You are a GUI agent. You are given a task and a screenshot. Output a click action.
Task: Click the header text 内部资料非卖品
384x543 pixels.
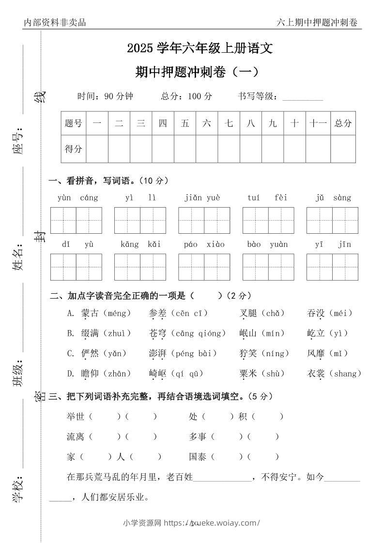[54, 22]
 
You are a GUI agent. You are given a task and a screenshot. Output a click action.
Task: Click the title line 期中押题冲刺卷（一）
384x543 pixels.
[197, 72]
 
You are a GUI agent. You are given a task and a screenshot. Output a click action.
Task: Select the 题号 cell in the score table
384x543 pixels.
[73, 123]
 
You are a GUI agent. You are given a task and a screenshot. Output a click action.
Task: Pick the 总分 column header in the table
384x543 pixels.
[343, 123]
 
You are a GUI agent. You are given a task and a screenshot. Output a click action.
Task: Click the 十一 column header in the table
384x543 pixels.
[318, 123]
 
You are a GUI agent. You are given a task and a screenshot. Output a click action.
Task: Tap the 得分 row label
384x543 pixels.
[73, 149]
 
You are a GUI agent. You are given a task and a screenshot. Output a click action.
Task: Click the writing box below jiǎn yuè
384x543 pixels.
[204, 220]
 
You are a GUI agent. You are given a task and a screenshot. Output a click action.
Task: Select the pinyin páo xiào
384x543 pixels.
[204, 244]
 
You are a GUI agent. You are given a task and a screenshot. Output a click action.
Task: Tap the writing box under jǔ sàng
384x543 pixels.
[332, 220]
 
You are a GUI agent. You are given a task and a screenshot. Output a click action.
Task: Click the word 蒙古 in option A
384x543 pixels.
[90, 313]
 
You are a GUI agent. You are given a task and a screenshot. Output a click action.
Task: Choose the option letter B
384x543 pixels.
[71, 333]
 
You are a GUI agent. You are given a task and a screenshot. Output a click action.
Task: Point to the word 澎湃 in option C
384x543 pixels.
[158, 354]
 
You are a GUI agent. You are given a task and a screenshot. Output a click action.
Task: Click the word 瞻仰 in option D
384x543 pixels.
[90, 374]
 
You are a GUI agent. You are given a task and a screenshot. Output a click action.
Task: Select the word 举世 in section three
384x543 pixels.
[76, 416]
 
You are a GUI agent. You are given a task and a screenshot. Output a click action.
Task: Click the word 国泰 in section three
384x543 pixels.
[198, 456]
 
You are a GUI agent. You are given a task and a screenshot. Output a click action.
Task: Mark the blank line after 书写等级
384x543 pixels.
[302, 97]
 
